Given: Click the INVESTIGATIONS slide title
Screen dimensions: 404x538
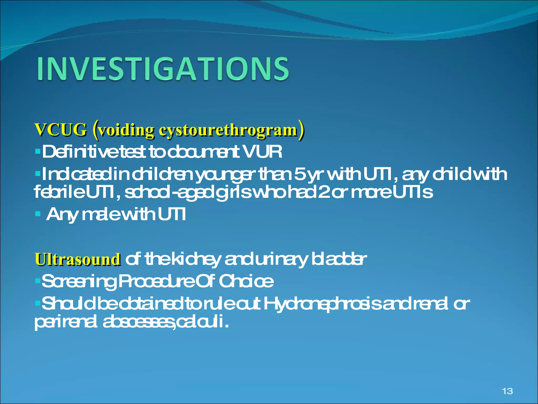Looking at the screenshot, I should (x=163, y=69).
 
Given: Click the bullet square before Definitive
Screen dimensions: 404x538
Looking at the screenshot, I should (x=38, y=151).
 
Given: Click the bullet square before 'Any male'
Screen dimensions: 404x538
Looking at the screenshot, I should (x=38, y=214).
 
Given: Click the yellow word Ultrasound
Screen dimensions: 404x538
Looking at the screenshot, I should (x=78, y=259).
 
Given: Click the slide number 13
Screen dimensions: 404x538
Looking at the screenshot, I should (x=507, y=391).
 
